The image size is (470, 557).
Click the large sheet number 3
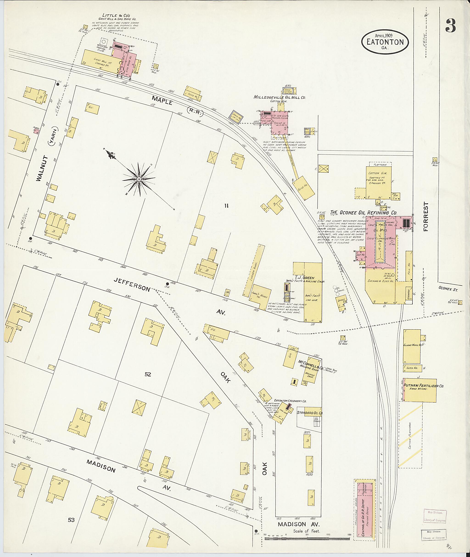(x=450, y=26)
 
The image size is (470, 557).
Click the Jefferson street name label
(x=132, y=284)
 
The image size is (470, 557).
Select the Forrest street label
(x=425, y=216)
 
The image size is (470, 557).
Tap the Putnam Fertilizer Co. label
(x=423, y=385)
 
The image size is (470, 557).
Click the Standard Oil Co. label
(x=310, y=413)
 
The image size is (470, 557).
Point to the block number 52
(x=148, y=374)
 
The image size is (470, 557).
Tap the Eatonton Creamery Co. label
(x=290, y=401)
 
